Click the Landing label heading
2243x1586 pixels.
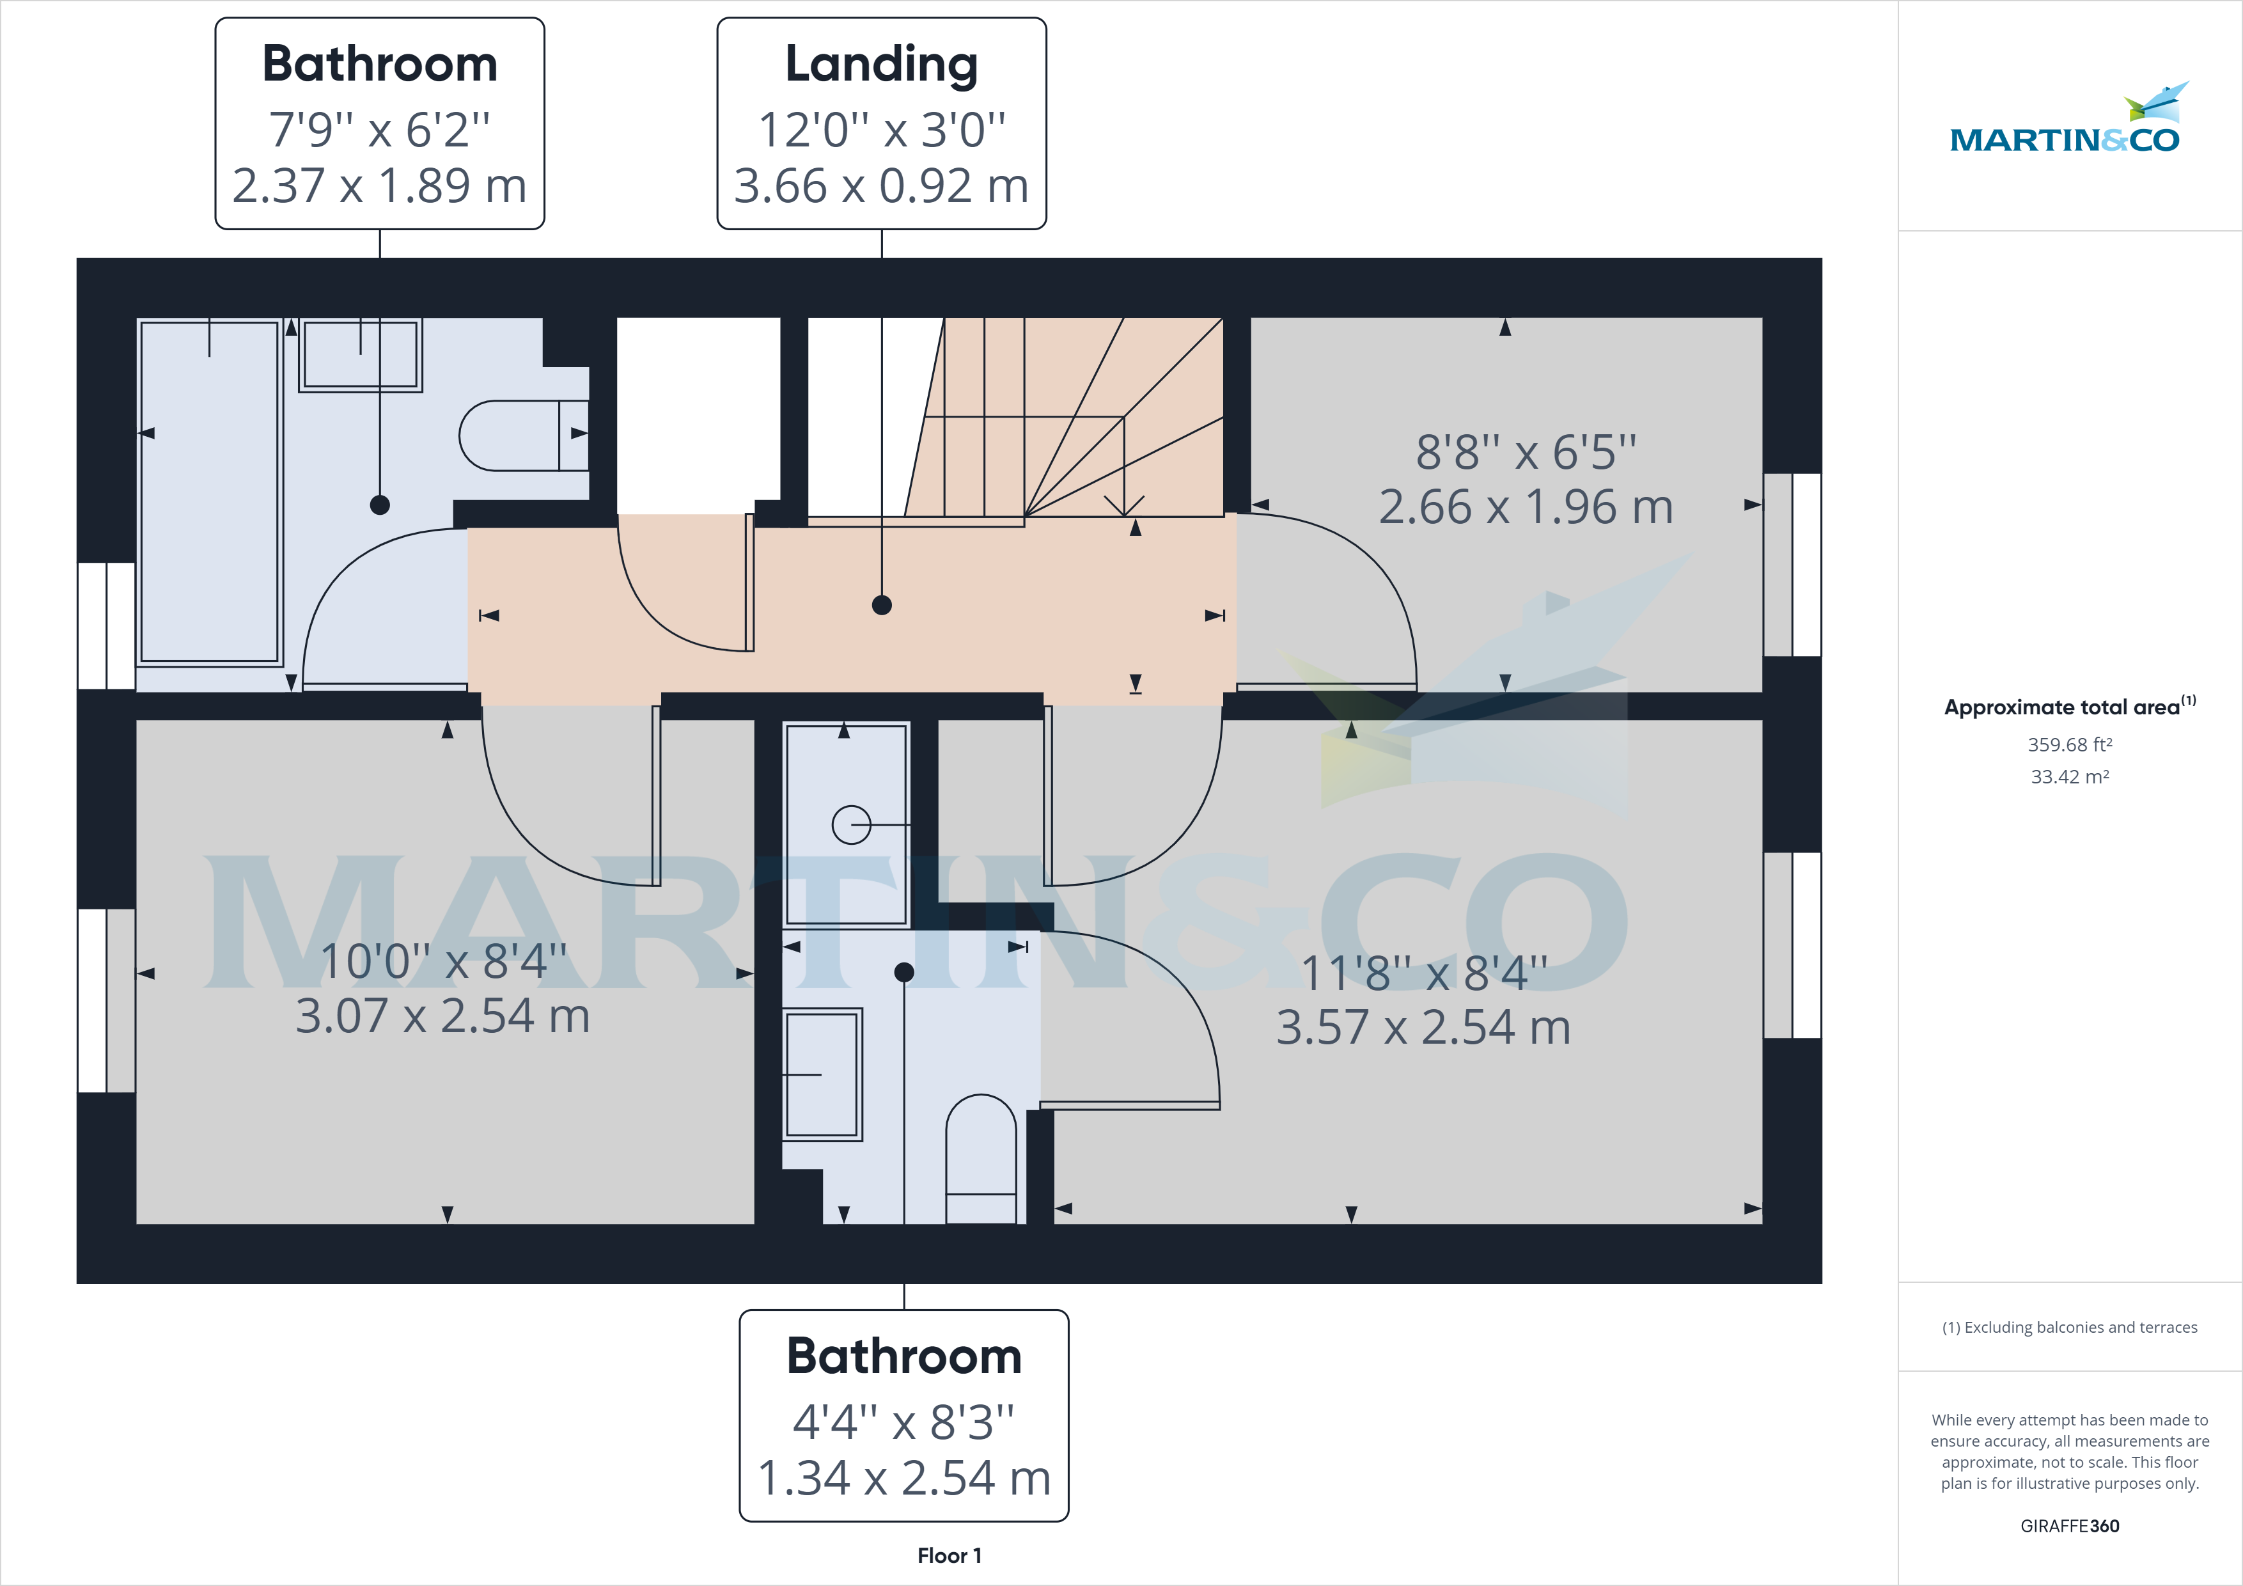[x=881, y=65]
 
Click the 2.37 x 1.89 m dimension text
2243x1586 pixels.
[x=379, y=185]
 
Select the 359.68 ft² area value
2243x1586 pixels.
[x=2069, y=744]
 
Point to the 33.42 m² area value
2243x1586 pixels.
[x=2069, y=777]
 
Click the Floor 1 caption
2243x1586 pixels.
[x=949, y=1556]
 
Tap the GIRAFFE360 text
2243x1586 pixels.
[x=2069, y=1525]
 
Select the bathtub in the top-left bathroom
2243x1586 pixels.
[x=209, y=492]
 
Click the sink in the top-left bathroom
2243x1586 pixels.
[x=361, y=354]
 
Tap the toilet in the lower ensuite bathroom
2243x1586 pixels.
[x=981, y=1153]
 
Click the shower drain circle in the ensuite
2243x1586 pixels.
[x=851, y=825]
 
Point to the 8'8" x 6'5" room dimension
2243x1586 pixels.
[x=1526, y=452]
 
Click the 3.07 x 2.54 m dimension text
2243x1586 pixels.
[x=442, y=1016]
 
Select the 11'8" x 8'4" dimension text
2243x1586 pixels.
[x=1423, y=973]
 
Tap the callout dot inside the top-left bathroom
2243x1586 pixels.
[x=380, y=504]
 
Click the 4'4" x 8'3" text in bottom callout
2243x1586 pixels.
[x=903, y=1423]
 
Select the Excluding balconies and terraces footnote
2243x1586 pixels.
[x=2069, y=1327]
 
